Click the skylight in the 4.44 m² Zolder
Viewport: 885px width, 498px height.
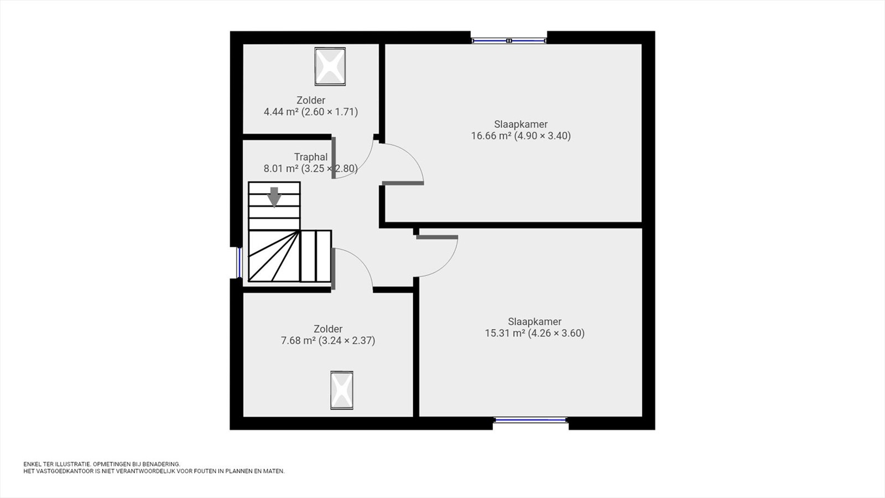330,66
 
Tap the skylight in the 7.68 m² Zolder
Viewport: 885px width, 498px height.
342,390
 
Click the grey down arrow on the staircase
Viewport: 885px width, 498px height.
274,197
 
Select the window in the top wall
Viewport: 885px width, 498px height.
509,40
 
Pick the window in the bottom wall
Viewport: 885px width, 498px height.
530,420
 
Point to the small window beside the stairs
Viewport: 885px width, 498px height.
238,263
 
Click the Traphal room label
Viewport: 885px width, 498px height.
311,157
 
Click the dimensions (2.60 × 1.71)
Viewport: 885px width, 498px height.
330,112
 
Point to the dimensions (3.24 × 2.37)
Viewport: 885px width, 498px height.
347,340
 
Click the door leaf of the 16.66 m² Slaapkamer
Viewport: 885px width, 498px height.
403,183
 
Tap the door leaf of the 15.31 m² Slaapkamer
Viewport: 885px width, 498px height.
437,237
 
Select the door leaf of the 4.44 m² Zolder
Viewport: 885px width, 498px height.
334,158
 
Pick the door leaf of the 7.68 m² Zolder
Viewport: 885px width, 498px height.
333,269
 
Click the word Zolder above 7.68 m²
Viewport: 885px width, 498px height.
328,329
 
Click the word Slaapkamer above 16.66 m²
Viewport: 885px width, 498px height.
520,124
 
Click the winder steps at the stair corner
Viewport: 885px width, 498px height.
273,256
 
